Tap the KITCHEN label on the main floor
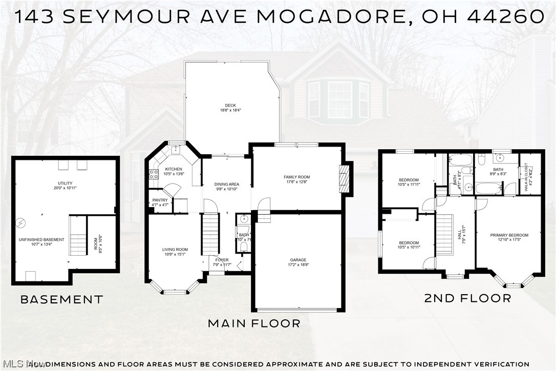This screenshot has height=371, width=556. click(x=174, y=170)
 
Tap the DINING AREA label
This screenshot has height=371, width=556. click(x=227, y=186)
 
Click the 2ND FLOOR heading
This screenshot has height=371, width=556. click(x=467, y=298)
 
